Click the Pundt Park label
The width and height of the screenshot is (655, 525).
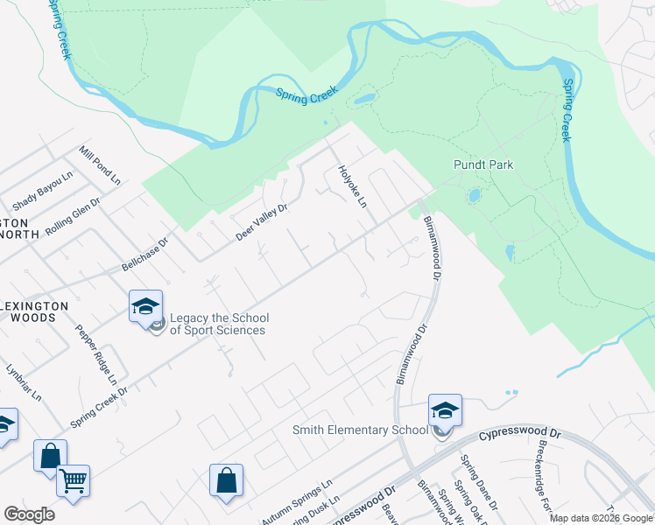pyautogui.click(x=482, y=164)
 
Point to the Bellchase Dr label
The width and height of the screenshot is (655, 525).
pyautogui.click(x=144, y=254)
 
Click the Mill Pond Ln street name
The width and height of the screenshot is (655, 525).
pyautogui.click(x=99, y=166)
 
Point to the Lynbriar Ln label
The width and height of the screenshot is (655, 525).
pyautogui.click(x=24, y=382)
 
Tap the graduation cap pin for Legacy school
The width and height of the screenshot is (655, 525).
pyautogui.click(x=145, y=306)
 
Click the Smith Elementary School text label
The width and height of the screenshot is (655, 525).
pyautogui.click(x=360, y=430)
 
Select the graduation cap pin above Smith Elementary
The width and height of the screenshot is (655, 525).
pyautogui.click(x=445, y=410)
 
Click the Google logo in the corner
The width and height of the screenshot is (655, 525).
pyautogui.click(x=29, y=514)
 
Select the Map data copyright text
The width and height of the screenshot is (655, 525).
pyautogui.click(x=601, y=518)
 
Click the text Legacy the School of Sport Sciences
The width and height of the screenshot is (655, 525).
pyautogui.click(x=218, y=324)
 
